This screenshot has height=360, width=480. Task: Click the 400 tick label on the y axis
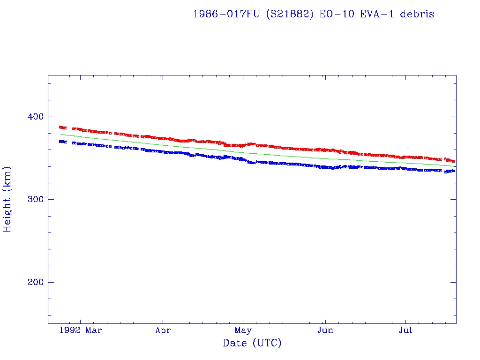point(34,116)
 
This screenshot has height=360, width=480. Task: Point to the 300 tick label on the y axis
point(34,199)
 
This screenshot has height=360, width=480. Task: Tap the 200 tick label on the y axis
point(34,282)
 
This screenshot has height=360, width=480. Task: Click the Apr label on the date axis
point(163,330)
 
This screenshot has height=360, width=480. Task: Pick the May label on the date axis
point(243,330)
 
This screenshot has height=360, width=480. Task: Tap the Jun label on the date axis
point(325,330)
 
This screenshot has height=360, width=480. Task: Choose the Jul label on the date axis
point(405,330)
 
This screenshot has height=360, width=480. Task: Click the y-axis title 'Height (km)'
point(7,199)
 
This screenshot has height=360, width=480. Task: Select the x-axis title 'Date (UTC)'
point(252,344)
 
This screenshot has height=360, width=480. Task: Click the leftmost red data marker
point(60,127)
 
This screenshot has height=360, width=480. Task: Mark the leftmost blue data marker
point(60,141)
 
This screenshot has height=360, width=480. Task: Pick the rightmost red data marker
point(453,161)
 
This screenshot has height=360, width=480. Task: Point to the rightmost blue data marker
point(453,171)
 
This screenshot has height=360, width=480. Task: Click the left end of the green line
point(60,134)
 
